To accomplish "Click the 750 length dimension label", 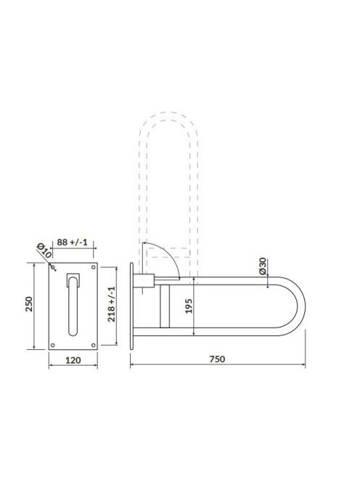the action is [217, 359].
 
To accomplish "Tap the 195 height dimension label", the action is [189, 306].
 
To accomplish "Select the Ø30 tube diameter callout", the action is [262, 266].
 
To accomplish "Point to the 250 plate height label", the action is [29, 304].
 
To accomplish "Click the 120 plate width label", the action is [73, 360].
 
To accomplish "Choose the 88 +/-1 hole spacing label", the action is [73, 242].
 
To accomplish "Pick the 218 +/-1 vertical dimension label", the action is [111, 304].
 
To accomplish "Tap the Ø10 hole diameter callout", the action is [44, 250].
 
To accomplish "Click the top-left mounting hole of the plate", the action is [53, 267].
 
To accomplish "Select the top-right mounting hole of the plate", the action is [94, 267].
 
